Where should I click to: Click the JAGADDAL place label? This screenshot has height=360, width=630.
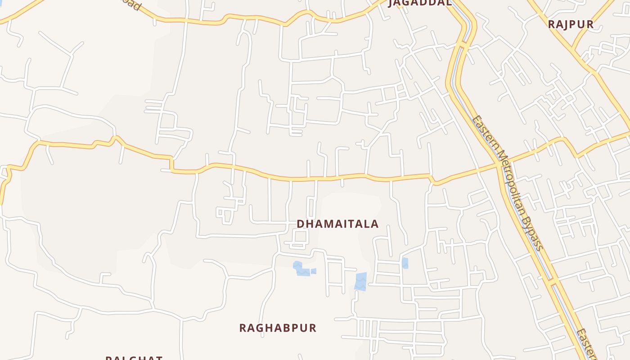click(x=419, y=3)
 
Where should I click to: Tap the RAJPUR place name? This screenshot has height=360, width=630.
click(x=571, y=24)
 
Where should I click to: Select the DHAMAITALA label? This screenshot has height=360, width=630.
click(x=337, y=224)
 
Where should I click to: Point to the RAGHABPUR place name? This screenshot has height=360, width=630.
click(x=278, y=328)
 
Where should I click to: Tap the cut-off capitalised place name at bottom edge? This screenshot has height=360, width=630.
click(x=134, y=358)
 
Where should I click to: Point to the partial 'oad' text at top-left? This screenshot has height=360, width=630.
click(x=135, y=6)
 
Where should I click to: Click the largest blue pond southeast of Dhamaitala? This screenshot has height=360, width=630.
click(x=360, y=281)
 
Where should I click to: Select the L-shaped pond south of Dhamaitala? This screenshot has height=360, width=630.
click(x=300, y=269)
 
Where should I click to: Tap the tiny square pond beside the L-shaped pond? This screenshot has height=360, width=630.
click(x=314, y=271)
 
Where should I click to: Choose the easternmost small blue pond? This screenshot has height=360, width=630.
click(x=405, y=263)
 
